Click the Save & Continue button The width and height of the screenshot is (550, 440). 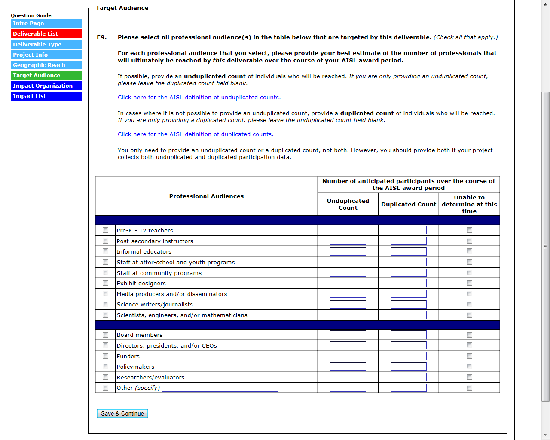[x=122, y=413]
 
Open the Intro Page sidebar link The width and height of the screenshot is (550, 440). [x=46, y=24]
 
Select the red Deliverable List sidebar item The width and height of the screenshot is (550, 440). [x=46, y=34]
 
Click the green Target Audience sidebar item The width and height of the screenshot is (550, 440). [x=46, y=76]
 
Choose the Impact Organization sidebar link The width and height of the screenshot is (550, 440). [x=46, y=86]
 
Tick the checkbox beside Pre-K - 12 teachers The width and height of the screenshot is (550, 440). [x=105, y=230]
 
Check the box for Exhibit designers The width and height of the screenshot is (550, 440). [x=105, y=283]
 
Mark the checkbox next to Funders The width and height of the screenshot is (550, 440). [x=105, y=356]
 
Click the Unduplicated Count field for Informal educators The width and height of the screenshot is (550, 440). [x=348, y=251]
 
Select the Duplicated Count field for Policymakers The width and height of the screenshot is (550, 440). [x=408, y=367]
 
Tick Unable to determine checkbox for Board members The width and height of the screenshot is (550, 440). [x=469, y=335]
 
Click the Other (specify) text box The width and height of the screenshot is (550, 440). [x=220, y=388]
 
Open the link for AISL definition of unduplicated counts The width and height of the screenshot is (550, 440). [x=199, y=98]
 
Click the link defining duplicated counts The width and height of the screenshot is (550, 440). [x=196, y=134]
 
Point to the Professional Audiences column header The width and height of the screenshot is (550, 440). [x=206, y=196]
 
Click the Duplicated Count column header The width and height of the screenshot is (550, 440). [x=408, y=205]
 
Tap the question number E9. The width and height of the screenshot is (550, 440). [x=101, y=37]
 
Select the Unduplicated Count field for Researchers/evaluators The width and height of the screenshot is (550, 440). [x=348, y=377]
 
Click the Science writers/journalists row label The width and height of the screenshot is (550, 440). [x=155, y=305]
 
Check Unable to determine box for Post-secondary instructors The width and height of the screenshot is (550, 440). [x=469, y=241]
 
